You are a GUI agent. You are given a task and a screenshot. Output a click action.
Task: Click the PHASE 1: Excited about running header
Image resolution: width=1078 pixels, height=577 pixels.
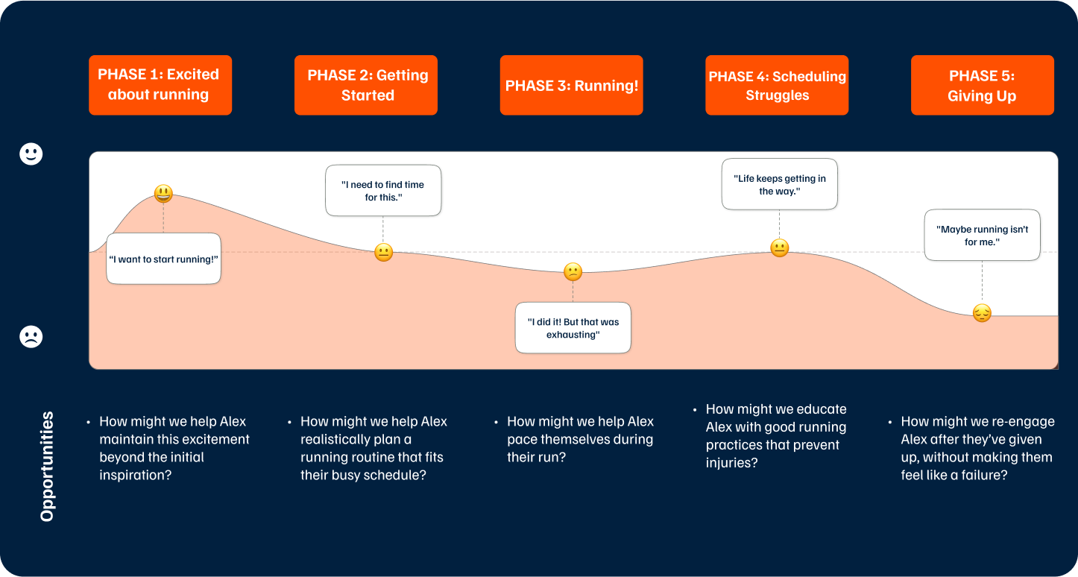pos(160,85)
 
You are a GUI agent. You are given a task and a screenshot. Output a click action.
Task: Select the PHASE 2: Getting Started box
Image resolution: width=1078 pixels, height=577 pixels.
pos(366,85)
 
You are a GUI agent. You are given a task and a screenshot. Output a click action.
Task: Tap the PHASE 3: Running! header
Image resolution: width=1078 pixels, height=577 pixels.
pos(571,85)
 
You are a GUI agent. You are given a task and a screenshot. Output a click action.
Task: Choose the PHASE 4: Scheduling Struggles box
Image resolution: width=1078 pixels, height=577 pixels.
pos(777,85)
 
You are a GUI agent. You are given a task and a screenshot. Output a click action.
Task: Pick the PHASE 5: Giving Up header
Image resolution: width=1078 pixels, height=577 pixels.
pos(982,85)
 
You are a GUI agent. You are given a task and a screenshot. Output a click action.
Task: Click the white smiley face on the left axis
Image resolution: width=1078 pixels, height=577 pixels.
pos(31,154)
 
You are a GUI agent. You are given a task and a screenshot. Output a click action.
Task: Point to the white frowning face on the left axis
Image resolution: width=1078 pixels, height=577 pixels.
pos(31,337)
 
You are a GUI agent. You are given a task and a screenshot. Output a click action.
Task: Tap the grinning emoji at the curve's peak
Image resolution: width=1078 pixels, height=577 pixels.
pos(163,194)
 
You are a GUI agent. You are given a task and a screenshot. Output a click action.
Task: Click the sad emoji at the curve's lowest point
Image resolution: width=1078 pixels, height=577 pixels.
pos(982,313)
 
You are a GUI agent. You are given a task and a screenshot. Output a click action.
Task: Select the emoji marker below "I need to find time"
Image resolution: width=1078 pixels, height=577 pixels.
pos(383,253)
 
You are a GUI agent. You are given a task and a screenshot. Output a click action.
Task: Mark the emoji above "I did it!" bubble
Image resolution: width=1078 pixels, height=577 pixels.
pos(573,272)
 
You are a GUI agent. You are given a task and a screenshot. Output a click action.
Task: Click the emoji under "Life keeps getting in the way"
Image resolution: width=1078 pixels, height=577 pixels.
pos(779,248)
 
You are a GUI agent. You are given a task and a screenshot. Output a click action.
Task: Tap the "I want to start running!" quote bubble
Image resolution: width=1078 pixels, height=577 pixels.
pos(163,259)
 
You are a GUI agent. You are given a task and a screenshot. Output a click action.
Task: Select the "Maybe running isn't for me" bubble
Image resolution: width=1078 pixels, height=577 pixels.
pos(982,235)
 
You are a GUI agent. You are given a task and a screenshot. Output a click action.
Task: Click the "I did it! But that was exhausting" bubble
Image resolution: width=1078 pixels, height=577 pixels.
pos(573,328)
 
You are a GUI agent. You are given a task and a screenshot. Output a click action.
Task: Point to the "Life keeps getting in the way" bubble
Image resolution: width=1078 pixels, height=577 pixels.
pos(779,184)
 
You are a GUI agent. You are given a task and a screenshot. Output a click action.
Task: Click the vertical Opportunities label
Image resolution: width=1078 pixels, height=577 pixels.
pos(47,466)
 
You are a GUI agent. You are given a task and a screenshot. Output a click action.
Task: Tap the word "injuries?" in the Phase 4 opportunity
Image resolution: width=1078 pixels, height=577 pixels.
pos(731,463)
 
